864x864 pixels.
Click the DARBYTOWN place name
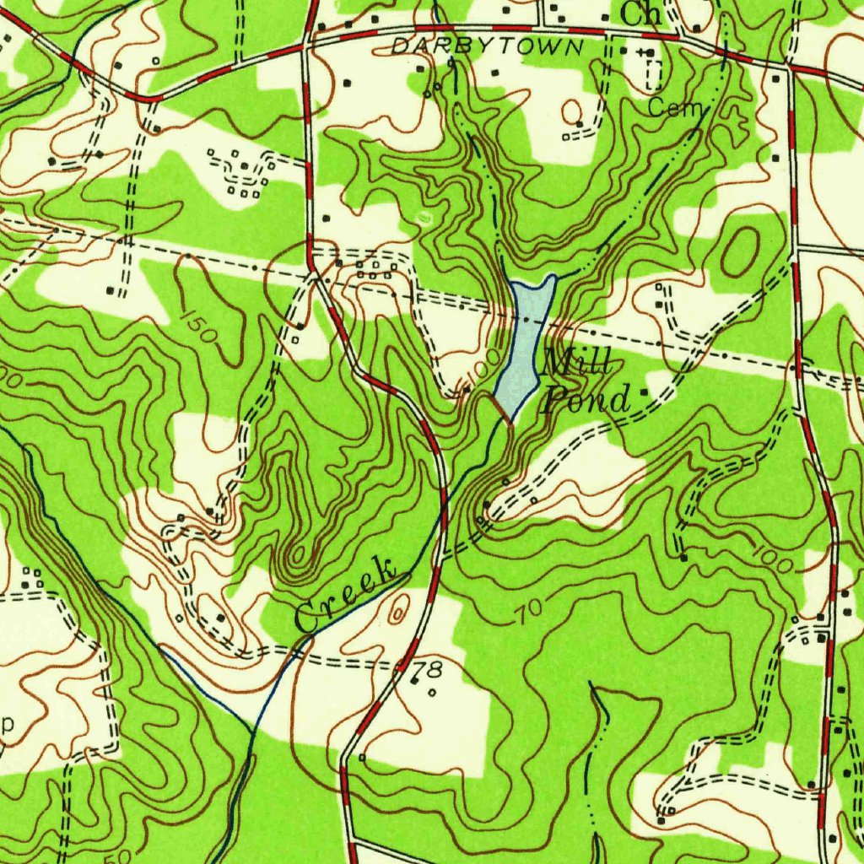(x=487, y=47)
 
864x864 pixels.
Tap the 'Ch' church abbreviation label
(x=640, y=13)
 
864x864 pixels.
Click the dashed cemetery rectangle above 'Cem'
(x=654, y=76)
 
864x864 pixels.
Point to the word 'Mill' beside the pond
(x=577, y=364)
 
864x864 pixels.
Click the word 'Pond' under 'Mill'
(x=586, y=399)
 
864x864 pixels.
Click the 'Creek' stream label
(x=346, y=596)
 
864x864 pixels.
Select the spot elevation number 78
(x=428, y=671)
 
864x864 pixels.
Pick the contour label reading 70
(x=528, y=614)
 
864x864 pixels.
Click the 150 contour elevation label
(x=200, y=327)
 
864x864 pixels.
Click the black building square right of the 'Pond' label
(x=645, y=392)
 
